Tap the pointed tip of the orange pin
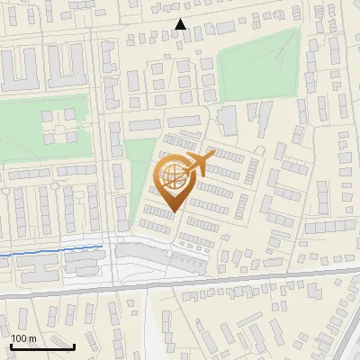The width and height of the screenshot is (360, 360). pyautogui.click(x=172, y=211)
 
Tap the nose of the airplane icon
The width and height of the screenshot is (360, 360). pyautogui.click(x=212, y=157)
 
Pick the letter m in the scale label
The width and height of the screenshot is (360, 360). pyautogui.click(x=31, y=337)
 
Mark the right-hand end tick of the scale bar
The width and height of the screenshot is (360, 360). pyautogui.click(x=74, y=344)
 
